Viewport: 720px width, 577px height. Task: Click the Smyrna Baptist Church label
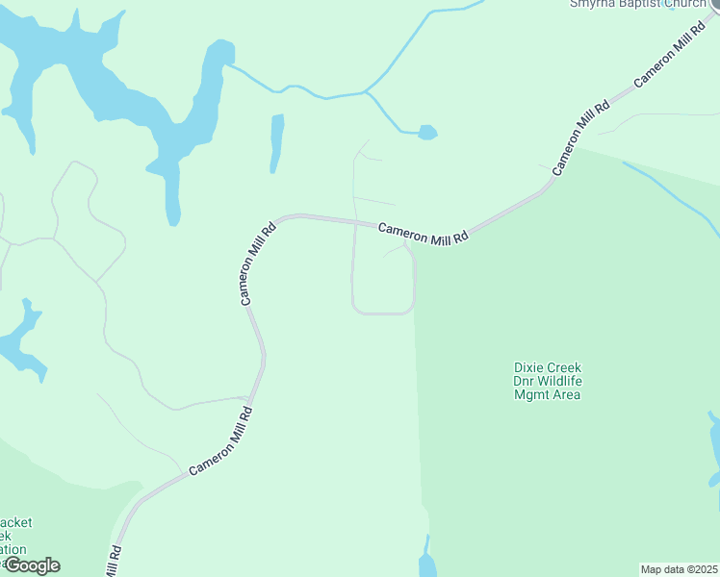point(638,4)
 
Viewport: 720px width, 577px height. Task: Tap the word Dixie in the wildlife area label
point(528,367)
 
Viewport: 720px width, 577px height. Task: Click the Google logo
point(31,565)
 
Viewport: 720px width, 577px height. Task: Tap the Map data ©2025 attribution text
point(679,568)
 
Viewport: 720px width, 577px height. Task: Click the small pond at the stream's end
point(427,132)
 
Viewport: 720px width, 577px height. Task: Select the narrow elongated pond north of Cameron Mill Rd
point(277,142)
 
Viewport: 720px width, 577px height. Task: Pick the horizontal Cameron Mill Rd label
point(423,232)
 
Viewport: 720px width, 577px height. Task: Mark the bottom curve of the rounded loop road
point(383,313)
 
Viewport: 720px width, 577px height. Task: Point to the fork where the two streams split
point(367,93)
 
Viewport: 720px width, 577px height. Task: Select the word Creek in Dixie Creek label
point(565,367)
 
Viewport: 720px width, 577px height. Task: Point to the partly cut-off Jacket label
point(16,523)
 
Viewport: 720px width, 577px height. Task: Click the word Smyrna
point(590,4)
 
